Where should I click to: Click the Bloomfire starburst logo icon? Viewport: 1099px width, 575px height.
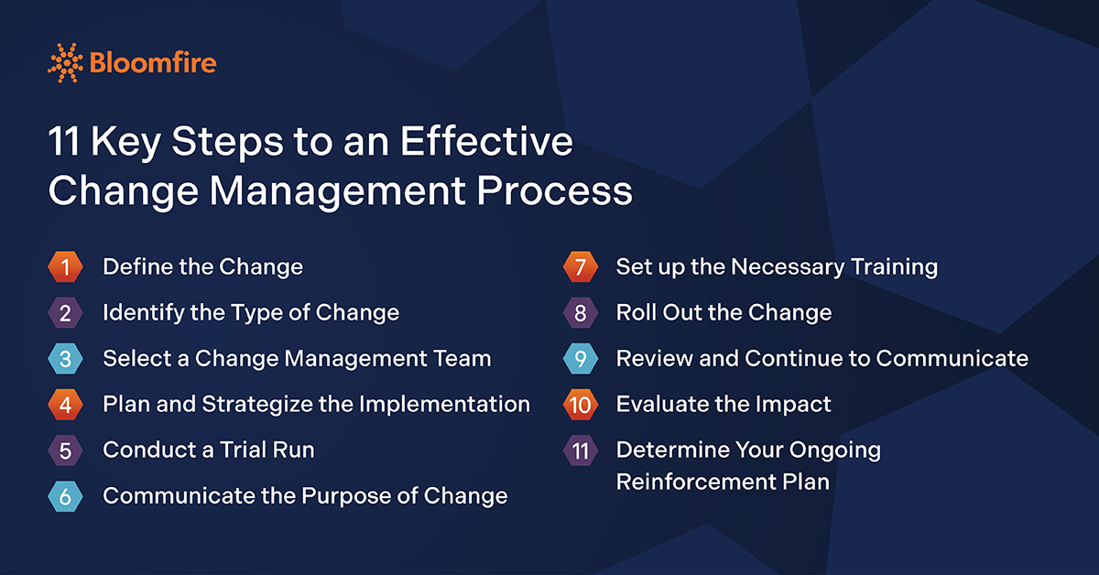point(65,63)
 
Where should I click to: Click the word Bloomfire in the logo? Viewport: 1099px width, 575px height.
point(153,63)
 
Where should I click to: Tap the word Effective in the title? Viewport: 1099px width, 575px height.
point(486,141)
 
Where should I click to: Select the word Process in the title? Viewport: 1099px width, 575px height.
point(554,190)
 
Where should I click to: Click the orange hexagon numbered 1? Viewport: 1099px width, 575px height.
point(65,266)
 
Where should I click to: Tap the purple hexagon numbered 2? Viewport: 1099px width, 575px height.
point(65,312)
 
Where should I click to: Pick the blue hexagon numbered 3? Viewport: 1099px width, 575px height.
point(65,359)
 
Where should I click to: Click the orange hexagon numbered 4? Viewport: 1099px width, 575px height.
point(65,405)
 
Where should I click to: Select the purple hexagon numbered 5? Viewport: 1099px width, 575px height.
point(65,450)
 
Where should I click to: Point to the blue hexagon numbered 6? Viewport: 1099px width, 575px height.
point(65,496)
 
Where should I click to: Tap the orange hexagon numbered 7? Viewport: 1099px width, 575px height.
point(581,266)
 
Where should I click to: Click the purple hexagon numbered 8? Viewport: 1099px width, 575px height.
point(581,312)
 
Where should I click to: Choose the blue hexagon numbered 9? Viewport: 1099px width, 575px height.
point(581,359)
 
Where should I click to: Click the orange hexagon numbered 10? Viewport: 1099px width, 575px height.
point(581,405)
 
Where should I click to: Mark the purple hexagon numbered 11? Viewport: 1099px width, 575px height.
point(581,450)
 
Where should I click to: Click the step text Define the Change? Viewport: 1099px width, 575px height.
point(202,266)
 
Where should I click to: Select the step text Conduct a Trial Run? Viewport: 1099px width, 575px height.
point(209,450)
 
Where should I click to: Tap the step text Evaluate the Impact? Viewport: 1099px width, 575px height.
point(724,405)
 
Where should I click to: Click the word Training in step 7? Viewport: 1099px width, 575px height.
point(895,267)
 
